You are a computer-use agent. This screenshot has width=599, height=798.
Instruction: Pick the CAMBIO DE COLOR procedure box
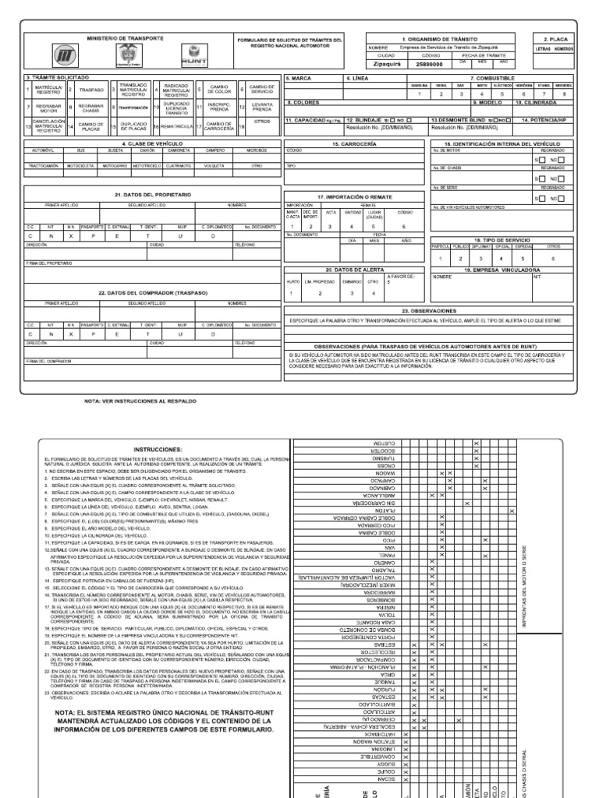click(219, 90)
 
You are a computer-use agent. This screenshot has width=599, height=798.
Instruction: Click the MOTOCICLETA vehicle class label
click(80, 165)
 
